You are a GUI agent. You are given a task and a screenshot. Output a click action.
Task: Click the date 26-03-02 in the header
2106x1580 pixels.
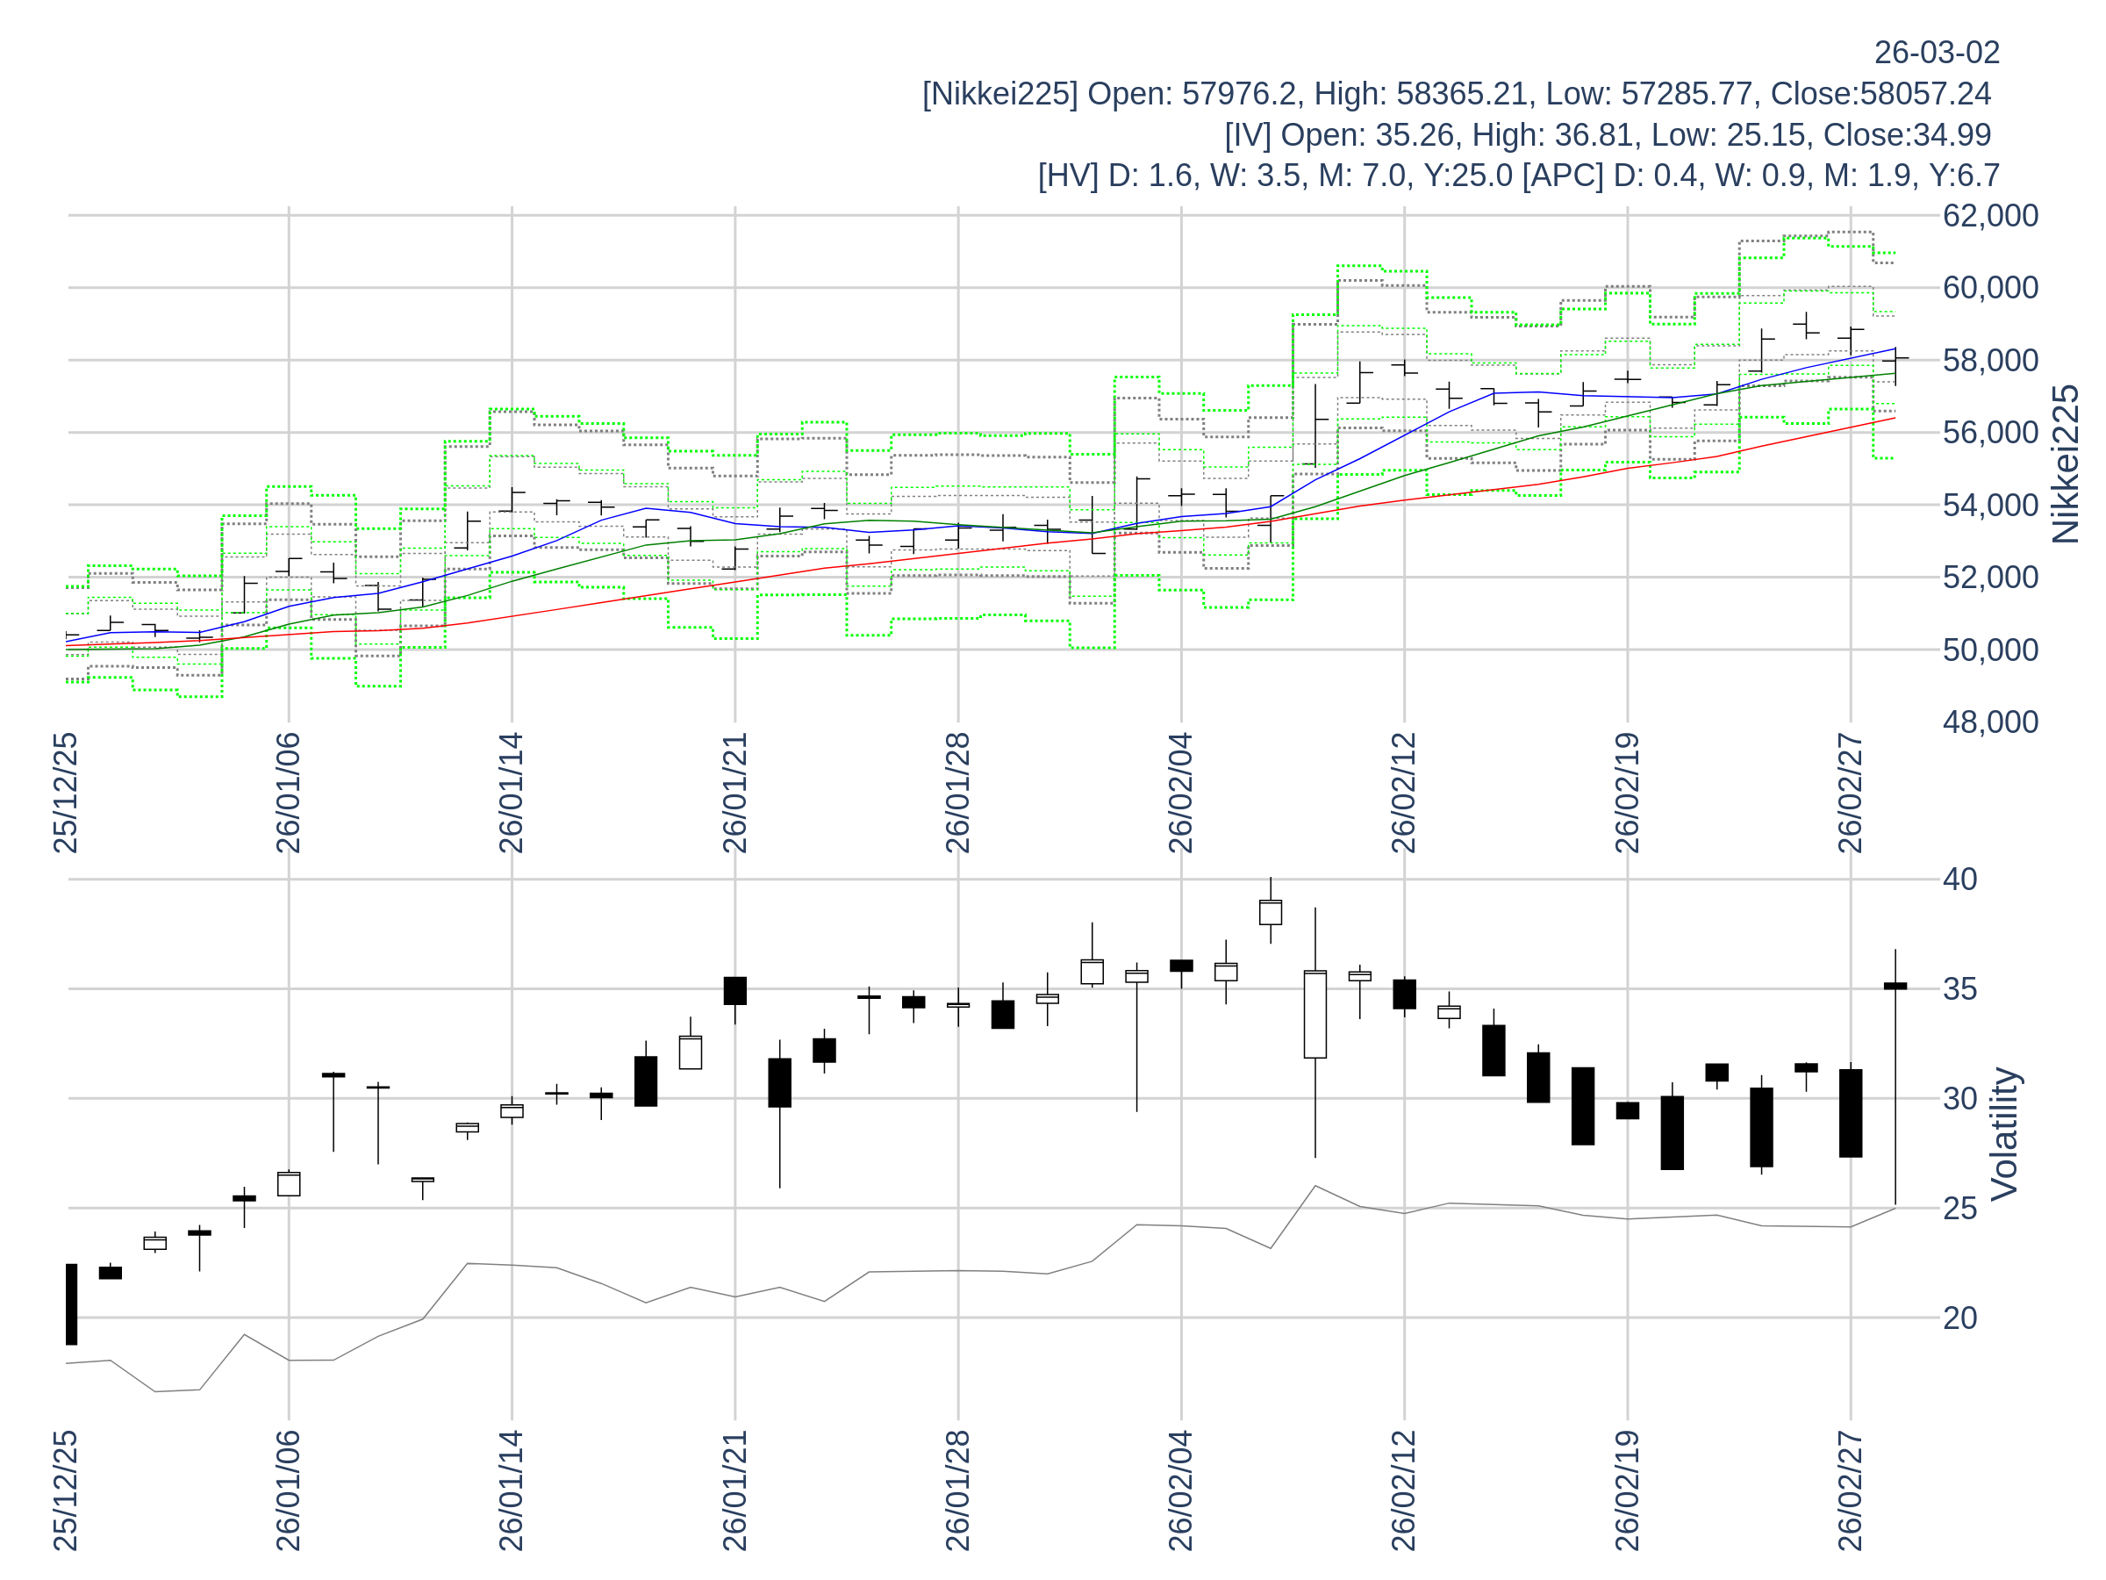point(1937,54)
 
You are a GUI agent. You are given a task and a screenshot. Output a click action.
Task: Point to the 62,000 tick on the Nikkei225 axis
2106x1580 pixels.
point(1990,216)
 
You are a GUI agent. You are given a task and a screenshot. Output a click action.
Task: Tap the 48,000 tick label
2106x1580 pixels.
point(1990,722)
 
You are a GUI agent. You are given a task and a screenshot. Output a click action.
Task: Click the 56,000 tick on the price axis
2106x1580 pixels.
point(1990,434)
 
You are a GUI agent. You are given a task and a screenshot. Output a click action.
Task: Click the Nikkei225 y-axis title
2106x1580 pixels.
point(2065,464)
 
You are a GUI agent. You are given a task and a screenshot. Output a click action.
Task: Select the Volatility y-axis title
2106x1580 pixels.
point(2004,1133)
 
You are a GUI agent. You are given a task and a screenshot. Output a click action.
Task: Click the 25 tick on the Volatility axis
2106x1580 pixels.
point(1959,1209)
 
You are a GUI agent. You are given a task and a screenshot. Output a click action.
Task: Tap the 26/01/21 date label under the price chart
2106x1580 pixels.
point(735,794)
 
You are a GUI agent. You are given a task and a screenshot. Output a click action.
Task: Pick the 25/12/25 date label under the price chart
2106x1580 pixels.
point(66,794)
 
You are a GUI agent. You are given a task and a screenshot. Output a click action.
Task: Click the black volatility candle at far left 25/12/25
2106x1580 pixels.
point(71,1303)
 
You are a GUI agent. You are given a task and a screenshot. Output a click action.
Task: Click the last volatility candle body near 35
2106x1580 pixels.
point(1895,986)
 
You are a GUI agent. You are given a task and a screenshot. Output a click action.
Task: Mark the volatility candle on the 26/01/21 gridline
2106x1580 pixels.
point(735,990)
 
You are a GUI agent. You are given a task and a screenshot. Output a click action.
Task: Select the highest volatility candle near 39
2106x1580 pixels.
point(1270,912)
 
